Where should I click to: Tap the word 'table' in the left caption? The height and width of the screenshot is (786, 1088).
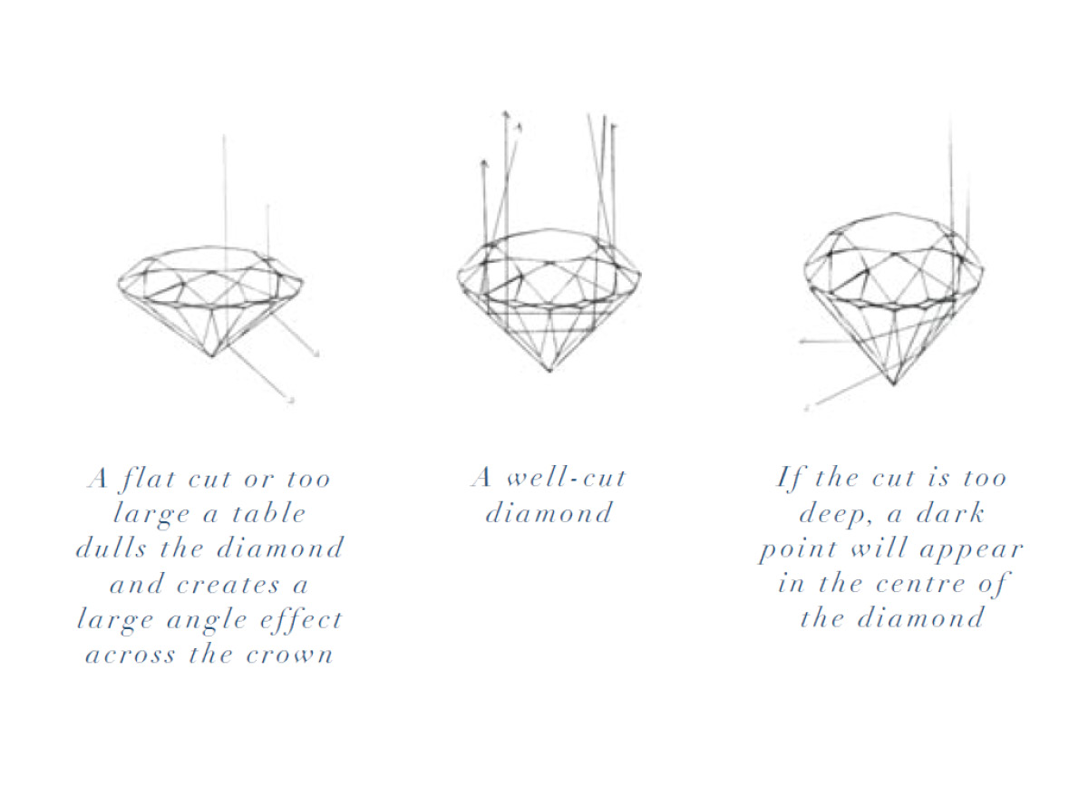pos(270,513)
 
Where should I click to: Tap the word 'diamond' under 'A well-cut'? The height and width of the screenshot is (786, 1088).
pos(549,513)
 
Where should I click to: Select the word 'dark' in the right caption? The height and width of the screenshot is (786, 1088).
pos(947,513)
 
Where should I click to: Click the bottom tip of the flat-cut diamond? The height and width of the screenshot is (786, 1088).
pos(212,355)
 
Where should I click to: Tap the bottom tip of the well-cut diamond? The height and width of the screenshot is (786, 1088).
pos(549,371)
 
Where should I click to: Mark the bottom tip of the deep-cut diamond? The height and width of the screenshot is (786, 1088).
pos(893,385)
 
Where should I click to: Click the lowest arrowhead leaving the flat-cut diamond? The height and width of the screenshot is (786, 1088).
pos(292,399)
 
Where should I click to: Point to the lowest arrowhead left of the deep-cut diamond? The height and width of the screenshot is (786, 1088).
pos(806,408)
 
